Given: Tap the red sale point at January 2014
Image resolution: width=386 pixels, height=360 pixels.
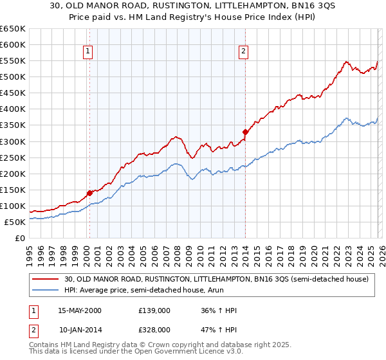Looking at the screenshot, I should (245, 132).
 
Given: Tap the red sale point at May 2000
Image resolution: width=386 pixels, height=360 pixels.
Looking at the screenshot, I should (89, 193).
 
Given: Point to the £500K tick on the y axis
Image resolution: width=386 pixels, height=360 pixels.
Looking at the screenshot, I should (14, 77).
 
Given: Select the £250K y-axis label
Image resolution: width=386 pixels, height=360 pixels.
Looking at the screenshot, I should (14, 157).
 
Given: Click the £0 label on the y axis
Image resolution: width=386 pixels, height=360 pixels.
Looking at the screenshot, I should (19, 238).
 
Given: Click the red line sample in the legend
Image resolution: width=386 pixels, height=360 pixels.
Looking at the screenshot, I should (46, 279).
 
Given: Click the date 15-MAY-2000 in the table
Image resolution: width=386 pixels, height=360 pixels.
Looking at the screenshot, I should (80, 310).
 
